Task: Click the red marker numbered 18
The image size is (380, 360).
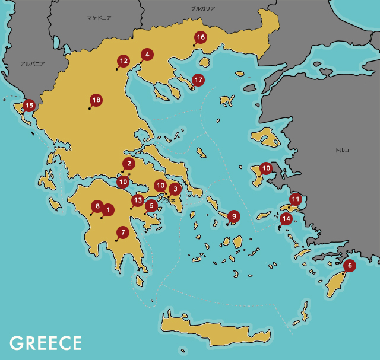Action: (96, 100)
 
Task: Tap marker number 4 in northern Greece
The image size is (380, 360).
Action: (146, 55)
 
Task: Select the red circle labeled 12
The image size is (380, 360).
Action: (123, 60)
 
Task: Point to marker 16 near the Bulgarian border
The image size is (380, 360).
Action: (200, 37)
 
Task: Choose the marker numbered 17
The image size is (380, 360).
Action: (198, 79)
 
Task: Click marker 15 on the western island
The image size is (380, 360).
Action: (28, 106)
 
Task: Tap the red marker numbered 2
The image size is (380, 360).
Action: (129, 163)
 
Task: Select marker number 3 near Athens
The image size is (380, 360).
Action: (175, 189)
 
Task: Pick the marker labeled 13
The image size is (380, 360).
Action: (138, 200)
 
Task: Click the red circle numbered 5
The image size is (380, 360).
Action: (151, 206)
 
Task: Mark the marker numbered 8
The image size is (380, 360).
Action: (97, 206)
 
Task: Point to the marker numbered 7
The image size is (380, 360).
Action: (123, 232)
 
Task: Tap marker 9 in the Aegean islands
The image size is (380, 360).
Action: (234, 216)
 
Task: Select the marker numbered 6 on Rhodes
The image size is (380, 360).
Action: (350, 265)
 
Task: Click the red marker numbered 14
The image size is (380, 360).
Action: (286, 218)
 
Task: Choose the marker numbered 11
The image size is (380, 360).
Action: (296, 199)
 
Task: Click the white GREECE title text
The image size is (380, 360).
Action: (46, 343)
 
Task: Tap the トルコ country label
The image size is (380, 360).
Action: (343, 151)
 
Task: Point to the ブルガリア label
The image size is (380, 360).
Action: (203, 9)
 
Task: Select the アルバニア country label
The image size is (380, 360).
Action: (33, 63)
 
